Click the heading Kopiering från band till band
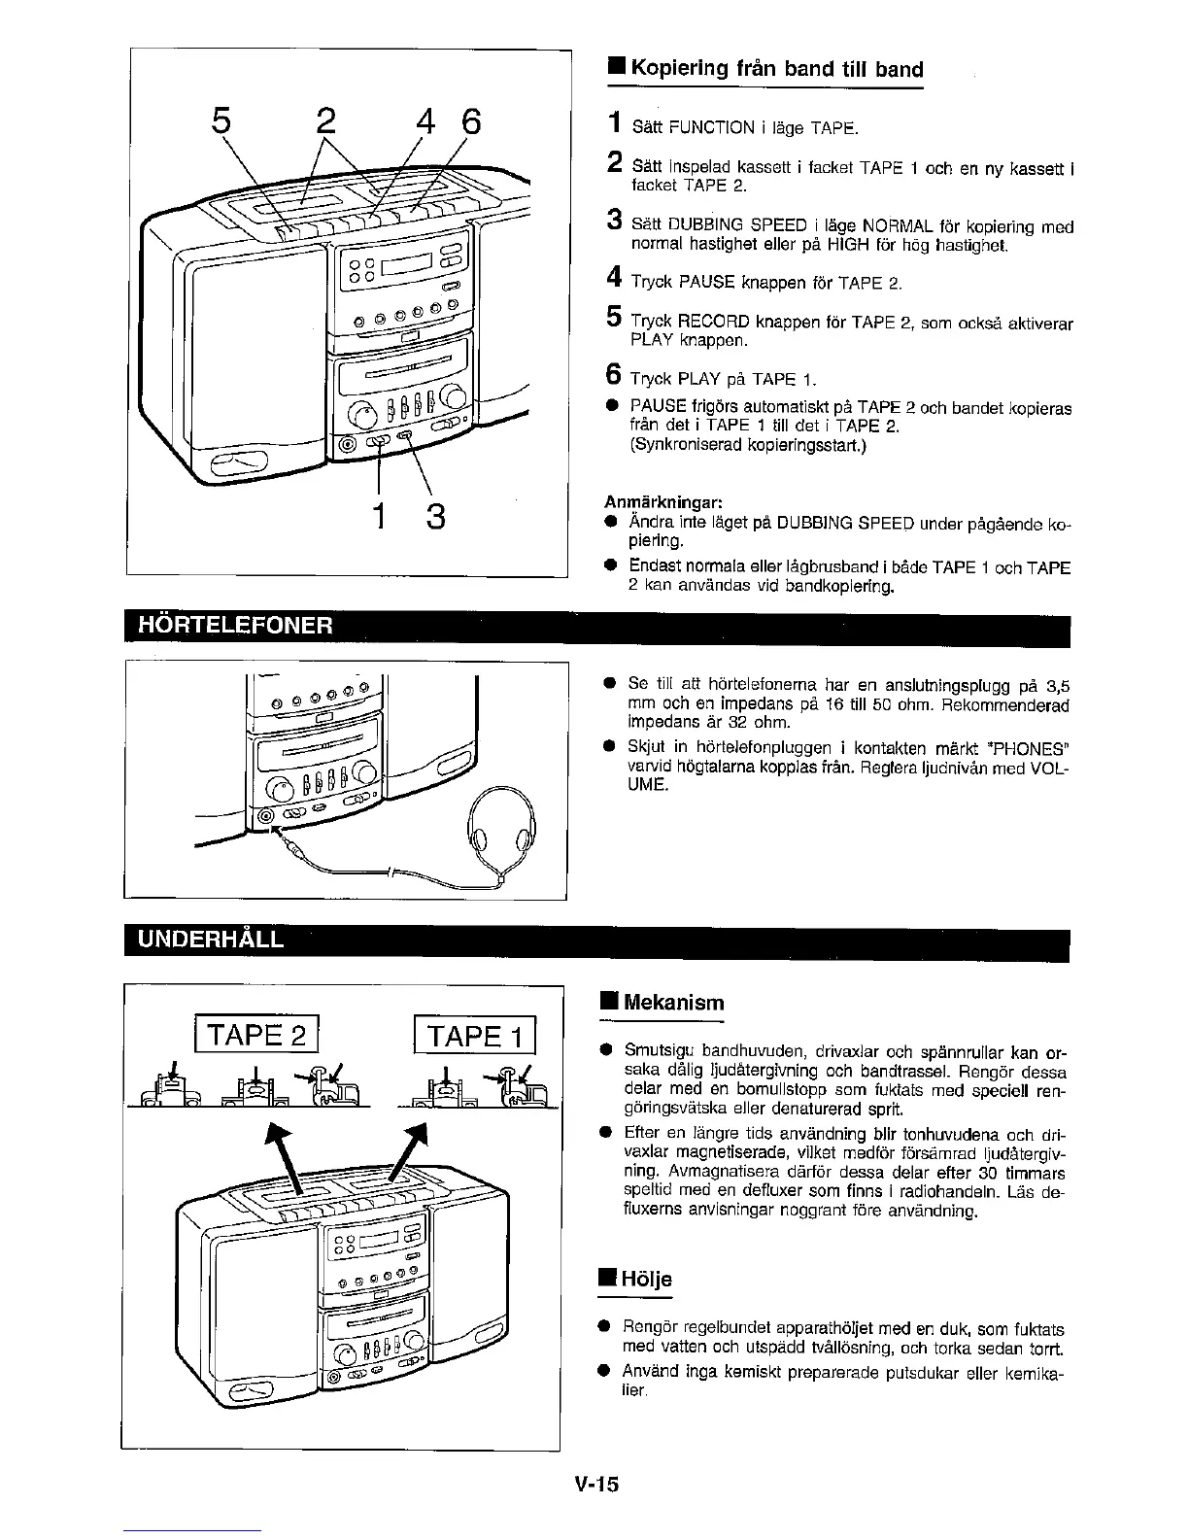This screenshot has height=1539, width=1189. pyautogui.click(x=776, y=69)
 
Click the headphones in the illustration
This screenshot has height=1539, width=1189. pyautogui.click(x=501, y=828)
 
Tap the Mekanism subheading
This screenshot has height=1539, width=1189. pyautogui.click(x=673, y=1002)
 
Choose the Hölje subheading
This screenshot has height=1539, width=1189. pyautogui.click(x=647, y=1280)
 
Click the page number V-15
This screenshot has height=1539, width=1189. pyautogui.click(x=596, y=1486)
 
